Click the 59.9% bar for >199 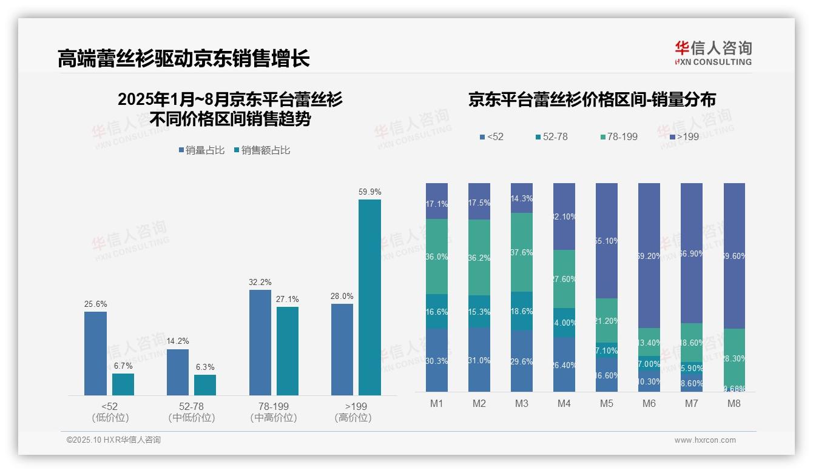point(369,297)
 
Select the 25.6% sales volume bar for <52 point(95,354)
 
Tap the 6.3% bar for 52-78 point(205,385)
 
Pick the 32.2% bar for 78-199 point(260,343)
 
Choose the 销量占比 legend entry point(201,150)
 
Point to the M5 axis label point(606,404)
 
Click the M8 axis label point(734,404)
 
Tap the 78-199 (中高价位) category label point(273,412)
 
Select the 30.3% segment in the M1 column point(437,360)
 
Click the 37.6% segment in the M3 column point(522,252)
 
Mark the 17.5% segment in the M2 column point(479,201)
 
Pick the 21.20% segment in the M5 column point(606,320)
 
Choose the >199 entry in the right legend point(684,137)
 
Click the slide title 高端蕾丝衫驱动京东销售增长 point(184,58)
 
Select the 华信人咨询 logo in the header point(713,53)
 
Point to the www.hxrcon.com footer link point(705,440)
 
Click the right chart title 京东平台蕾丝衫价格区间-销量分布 point(592,99)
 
